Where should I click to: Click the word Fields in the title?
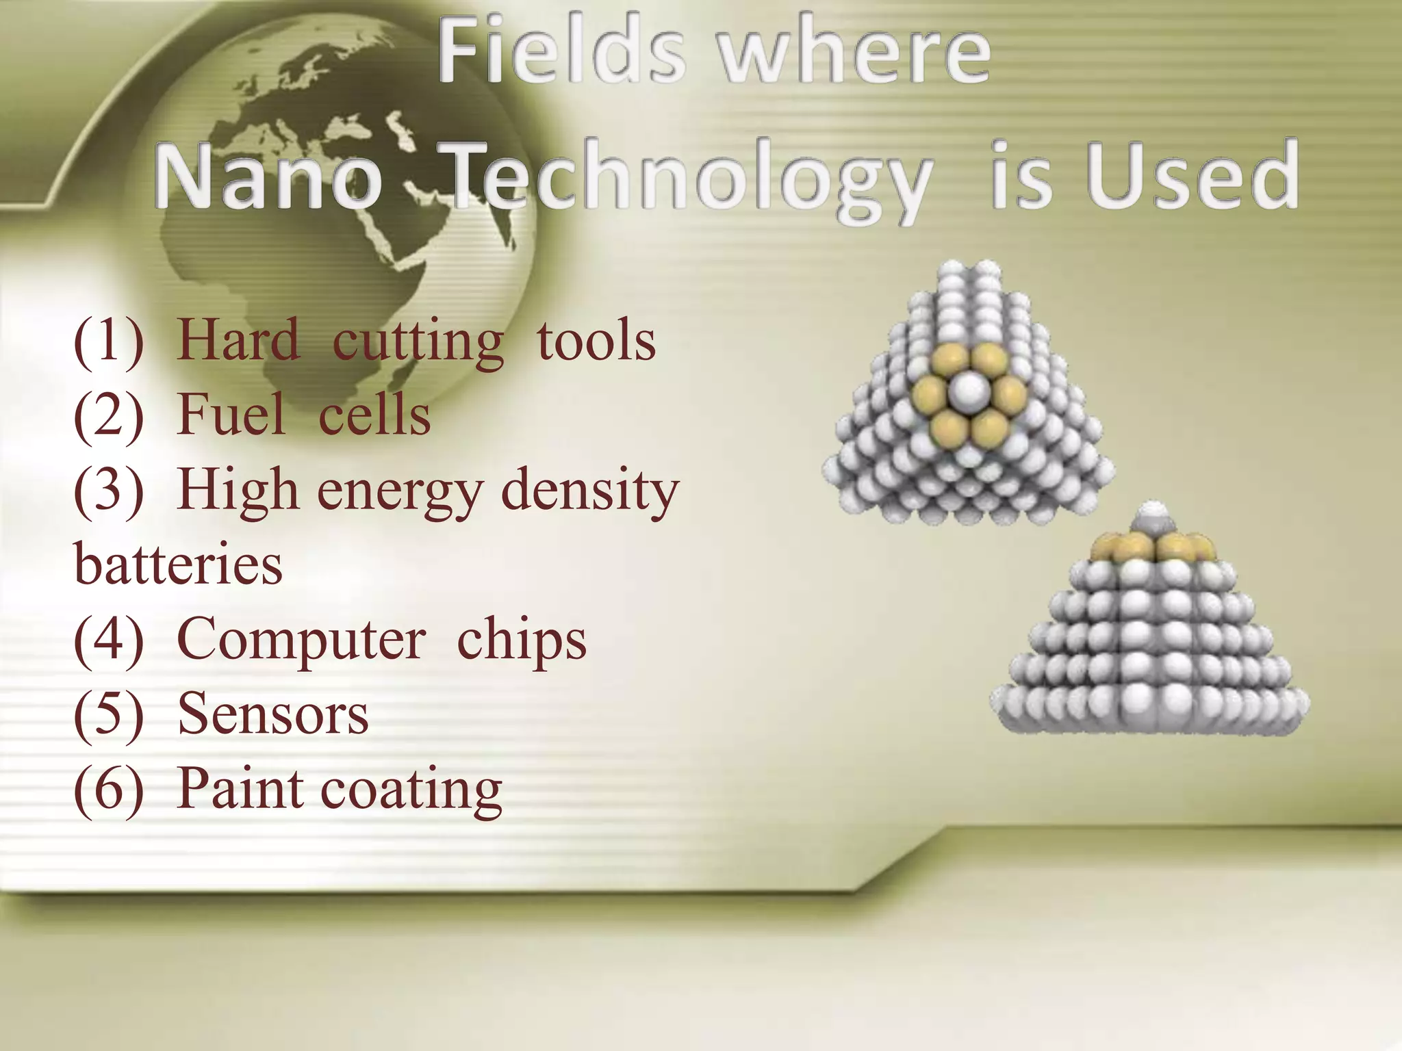(561, 51)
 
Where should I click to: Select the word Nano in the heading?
(268, 176)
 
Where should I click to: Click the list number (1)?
(109, 340)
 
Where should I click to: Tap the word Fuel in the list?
(231, 415)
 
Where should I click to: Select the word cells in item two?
(374, 415)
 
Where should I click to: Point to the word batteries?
(178, 564)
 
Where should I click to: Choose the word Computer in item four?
(301, 640)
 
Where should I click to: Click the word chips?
(522, 640)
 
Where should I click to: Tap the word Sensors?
(272, 714)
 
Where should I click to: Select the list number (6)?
(109, 790)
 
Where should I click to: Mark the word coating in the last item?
(411, 791)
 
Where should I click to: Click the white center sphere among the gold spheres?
(969, 391)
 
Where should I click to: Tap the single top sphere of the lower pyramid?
(1154, 515)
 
